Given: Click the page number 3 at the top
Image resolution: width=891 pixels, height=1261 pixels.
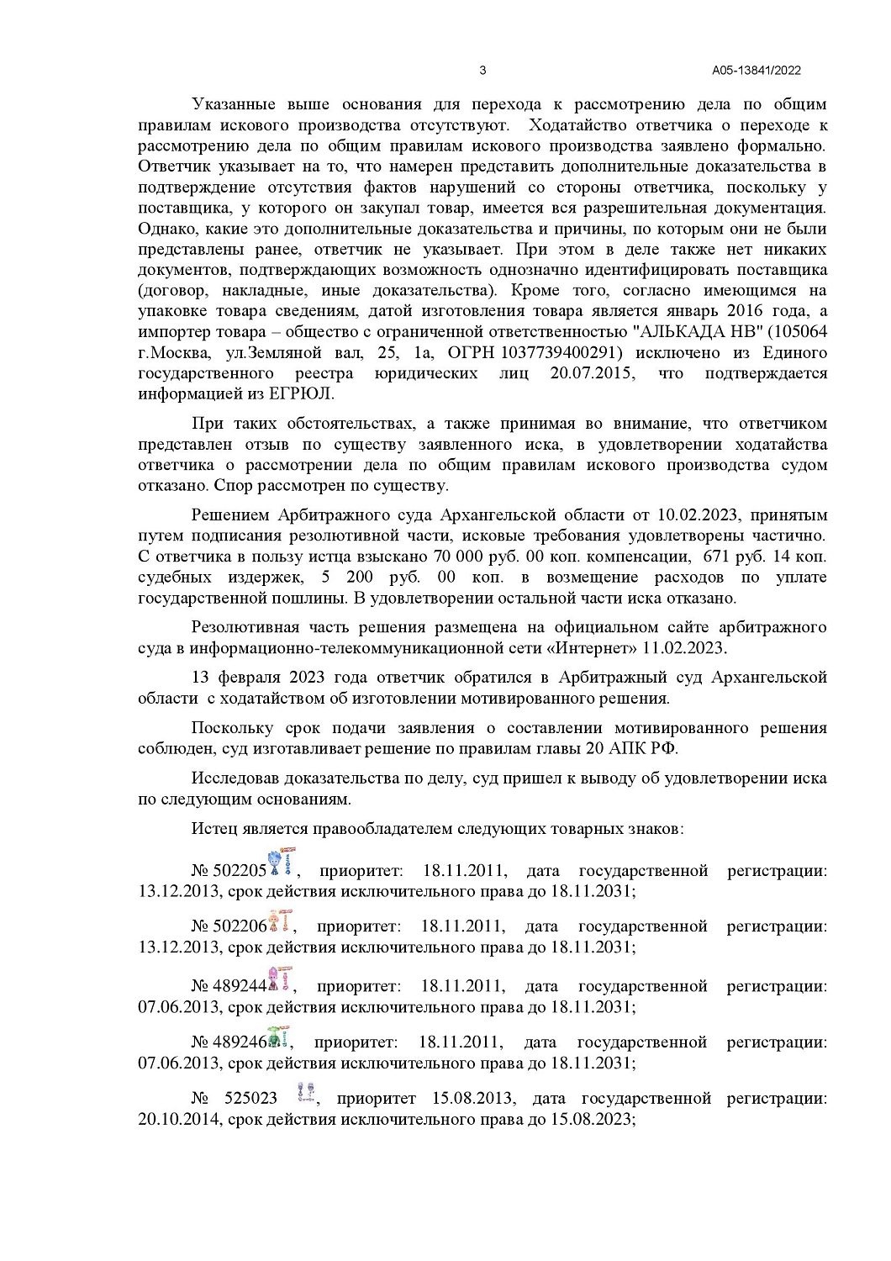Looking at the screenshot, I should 482,71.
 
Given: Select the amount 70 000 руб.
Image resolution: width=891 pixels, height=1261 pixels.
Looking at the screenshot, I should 464,557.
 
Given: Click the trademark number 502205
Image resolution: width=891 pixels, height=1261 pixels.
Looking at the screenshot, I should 239,871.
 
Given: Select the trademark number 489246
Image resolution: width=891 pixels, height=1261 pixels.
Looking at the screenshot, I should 239,1042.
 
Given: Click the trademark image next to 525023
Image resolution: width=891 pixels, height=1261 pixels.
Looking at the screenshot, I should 307,1093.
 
